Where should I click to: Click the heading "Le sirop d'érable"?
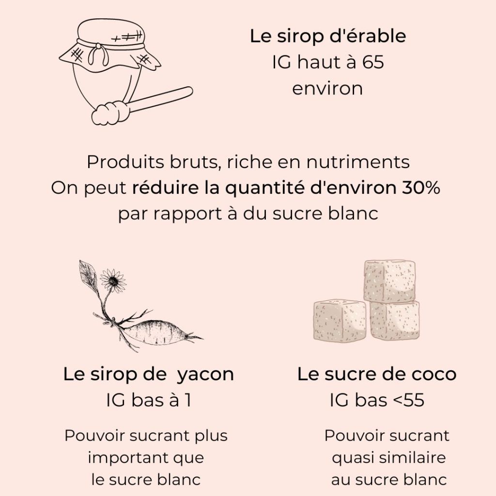(x=328, y=37)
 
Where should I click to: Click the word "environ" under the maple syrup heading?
(x=327, y=89)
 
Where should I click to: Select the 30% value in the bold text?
(x=420, y=188)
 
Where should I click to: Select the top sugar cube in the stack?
(x=389, y=281)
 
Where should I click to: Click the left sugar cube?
(x=339, y=320)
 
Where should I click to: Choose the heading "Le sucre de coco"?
(x=376, y=374)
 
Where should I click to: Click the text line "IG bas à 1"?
(x=148, y=401)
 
